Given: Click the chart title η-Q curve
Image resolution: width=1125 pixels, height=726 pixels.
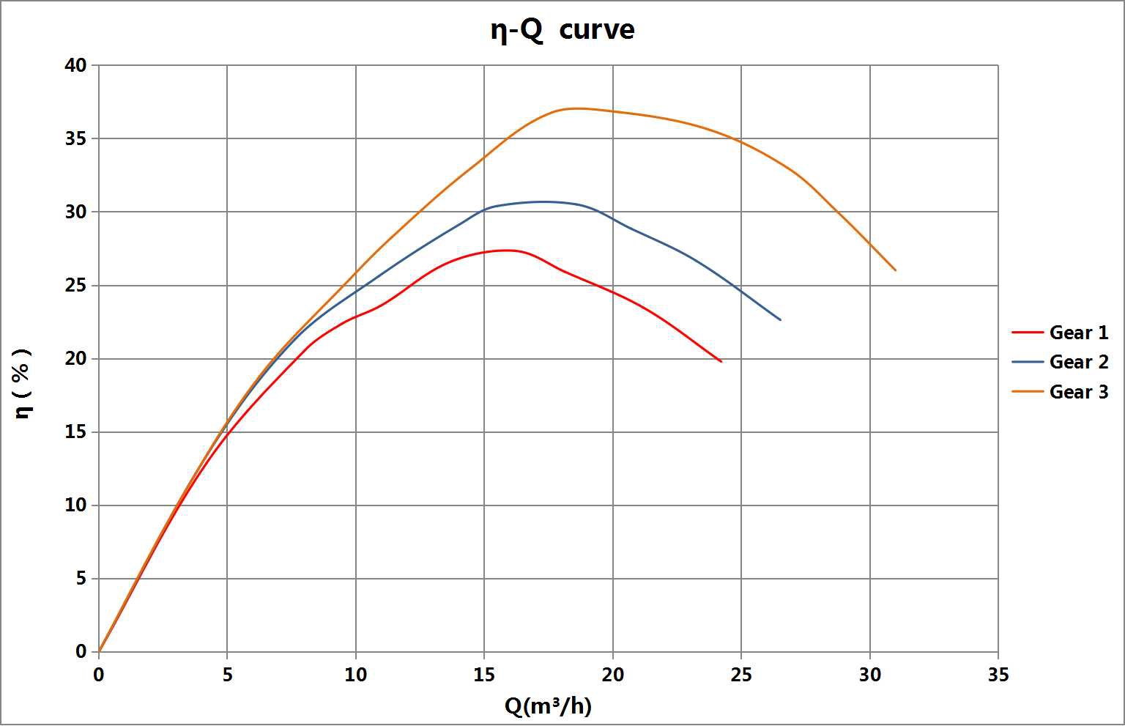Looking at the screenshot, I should click(x=562, y=30).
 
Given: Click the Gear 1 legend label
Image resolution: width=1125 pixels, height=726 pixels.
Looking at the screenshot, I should click(x=1078, y=333).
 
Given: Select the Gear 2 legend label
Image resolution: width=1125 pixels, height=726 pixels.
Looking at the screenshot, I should click(x=1078, y=362).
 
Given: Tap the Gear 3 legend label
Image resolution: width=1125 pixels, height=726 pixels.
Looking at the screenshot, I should click(x=1078, y=392).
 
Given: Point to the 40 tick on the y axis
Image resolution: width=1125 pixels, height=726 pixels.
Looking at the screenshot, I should click(x=76, y=65).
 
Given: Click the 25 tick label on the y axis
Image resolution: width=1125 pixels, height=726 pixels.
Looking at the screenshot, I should click(x=76, y=286).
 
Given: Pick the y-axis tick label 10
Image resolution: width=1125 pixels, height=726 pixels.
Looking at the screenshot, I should click(x=76, y=505).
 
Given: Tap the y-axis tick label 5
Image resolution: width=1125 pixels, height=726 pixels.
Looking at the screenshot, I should click(x=81, y=579).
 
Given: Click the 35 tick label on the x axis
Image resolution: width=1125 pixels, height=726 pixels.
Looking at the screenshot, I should click(x=998, y=675).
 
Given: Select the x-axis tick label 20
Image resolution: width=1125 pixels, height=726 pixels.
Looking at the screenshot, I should click(x=612, y=675).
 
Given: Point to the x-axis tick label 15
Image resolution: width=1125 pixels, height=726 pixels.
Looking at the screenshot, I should click(x=483, y=675).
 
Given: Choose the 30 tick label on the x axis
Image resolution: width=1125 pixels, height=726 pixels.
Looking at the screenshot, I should click(x=869, y=675).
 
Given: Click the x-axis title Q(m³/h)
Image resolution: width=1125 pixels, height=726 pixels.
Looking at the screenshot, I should click(x=548, y=706).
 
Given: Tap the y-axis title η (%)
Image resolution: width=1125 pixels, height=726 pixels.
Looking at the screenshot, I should click(x=23, y=383).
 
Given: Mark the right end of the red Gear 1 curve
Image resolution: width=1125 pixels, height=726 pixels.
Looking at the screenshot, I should click(x=721, y=362).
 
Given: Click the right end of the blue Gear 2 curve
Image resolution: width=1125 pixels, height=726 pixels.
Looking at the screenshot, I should click(x=780, y=320).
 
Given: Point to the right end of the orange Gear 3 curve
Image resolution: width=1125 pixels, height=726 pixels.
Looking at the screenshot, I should click(x=895, y=270).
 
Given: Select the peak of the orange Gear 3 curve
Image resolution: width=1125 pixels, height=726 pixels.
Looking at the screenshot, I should click(x=576, y=108).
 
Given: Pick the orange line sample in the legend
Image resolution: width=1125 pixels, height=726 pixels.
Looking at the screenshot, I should click(x=1027, y=392).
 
